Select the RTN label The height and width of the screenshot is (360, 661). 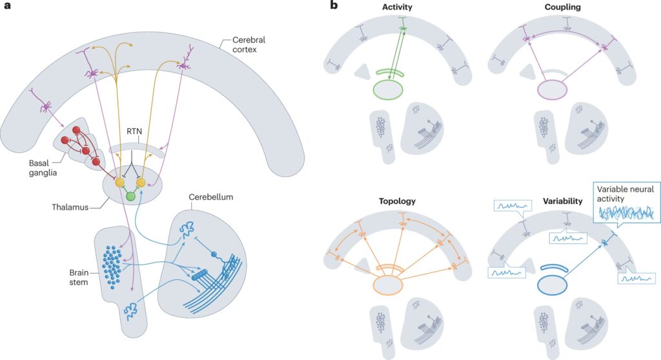pos(136,137)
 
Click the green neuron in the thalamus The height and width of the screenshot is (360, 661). pos(130,196)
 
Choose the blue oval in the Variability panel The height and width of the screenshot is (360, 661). pos(553,285)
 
